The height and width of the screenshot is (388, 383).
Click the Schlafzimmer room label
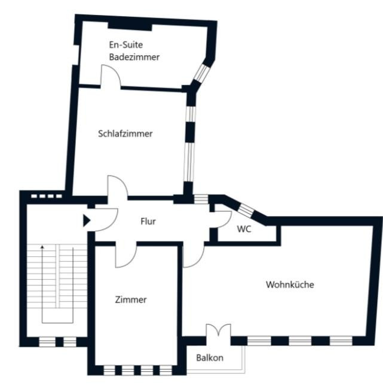(x=125, y=134)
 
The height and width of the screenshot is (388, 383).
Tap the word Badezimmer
(x=134, y=57)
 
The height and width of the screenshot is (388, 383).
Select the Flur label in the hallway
(x=148, y=221)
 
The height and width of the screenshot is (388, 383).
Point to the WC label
(x=244, y=229)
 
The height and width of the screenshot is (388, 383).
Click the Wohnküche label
(x=290, y=284)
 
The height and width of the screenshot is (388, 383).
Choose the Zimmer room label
(x=131, y=299)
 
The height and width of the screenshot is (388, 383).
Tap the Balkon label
(x=210, y=357)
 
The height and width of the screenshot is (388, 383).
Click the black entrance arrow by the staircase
(x=87, y=221)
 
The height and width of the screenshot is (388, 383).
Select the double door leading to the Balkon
(x=218, y=331)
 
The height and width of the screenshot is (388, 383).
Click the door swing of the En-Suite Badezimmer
(x=111, y=75)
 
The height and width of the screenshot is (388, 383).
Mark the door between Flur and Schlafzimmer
(x=118, y=186)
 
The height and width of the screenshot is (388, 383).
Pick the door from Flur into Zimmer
(x=126, y=255)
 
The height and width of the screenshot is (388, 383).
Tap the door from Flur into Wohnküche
(x=194, y=255)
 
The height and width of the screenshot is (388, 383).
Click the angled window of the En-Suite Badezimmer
(x=201, y=73)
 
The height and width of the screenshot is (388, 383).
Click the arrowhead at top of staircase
(x=42, y=247)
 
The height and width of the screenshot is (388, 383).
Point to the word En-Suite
(x=126, y=45)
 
